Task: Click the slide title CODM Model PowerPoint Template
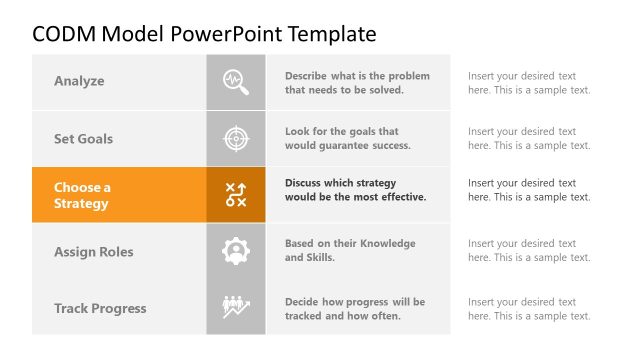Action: pos(204,34)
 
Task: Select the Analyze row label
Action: pos(79,81)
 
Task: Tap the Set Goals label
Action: pos(83,139)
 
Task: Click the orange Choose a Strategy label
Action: pos(82,195)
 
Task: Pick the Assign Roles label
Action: pos(93,252)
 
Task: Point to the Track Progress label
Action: pos(100,308)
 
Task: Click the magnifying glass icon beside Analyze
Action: pos(236,81)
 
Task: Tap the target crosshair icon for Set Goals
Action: pos(236,138)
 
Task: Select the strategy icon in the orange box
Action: pos(236,195)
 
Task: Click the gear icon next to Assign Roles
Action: pos(236,252)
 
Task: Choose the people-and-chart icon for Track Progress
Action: pos(236,307)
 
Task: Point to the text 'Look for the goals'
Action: pos(347,138)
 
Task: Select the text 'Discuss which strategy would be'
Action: pos(355,190)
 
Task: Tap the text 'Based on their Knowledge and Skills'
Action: pos(350,250)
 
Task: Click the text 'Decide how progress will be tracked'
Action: pos(354,309)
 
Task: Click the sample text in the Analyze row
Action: pos(529,82)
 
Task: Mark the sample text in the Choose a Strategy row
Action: pos(529,190)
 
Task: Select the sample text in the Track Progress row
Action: pos(529,309)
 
